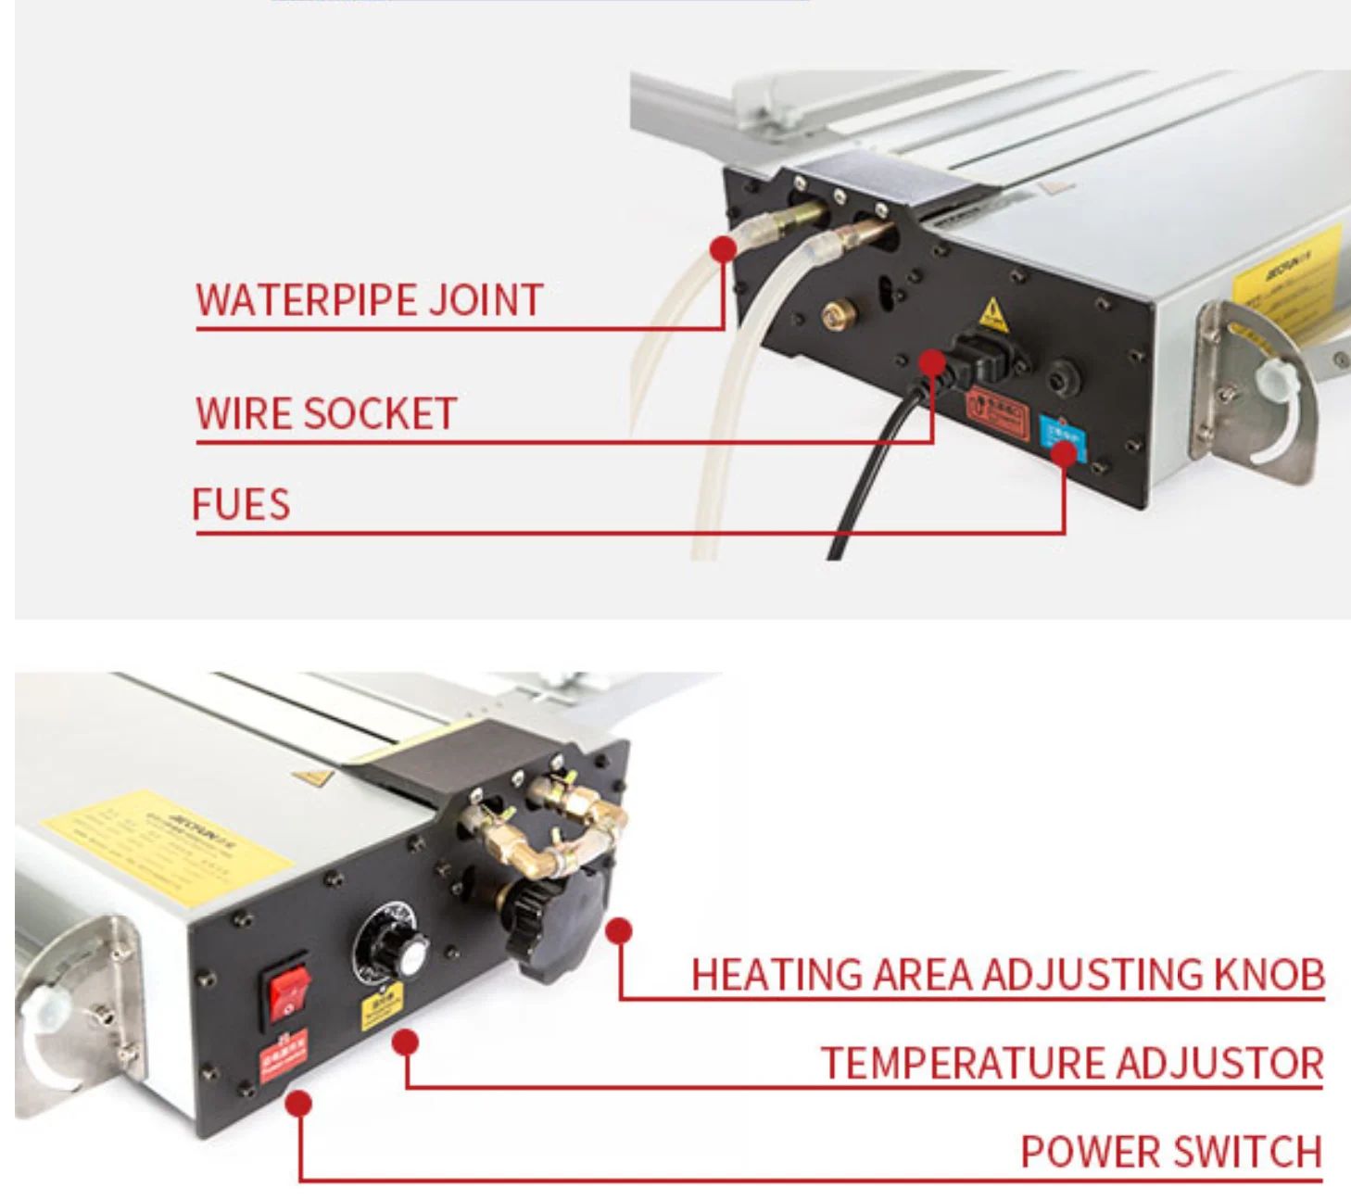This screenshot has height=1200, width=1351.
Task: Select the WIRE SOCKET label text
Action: click(326, 413)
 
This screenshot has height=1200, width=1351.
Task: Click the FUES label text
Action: click(241, 505)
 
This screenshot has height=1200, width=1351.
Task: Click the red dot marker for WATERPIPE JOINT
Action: click(724, 248)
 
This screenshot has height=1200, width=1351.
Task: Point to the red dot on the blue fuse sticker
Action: click(1065, 452)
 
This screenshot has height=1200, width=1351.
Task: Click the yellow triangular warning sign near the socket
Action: click(993, 313)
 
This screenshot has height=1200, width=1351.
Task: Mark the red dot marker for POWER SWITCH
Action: click(298, 1104)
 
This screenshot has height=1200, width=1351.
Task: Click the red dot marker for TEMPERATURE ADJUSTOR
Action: click(405, 1042)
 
